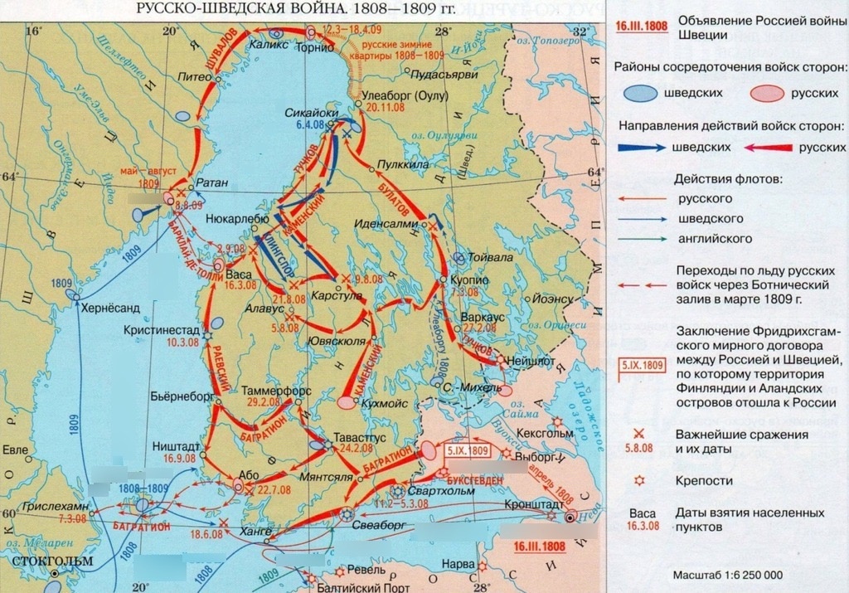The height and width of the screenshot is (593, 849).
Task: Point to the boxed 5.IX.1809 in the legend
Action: [x=643, y=364]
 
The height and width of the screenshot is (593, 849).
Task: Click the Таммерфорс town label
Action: [x=264, y=390]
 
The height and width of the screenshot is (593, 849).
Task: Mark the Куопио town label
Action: [x=468, y=281]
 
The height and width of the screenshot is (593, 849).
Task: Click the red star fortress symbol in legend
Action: [x=639, y=480]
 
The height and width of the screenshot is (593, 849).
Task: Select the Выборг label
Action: [x=549, y=456]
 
